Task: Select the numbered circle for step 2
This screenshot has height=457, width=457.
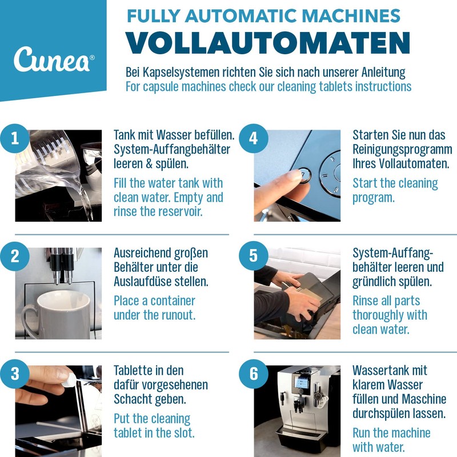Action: pyautogui.click(x=15, y=256)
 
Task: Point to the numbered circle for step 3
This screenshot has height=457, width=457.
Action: pyautogui.click(x=15, y=375)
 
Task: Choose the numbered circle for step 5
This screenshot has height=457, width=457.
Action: pyautogui.click(x=254, y=256)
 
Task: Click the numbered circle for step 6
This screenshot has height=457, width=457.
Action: pyautogui.click(x=254, y=375)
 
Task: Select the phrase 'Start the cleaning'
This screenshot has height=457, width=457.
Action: pyautogui.click(x=395, y=183)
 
